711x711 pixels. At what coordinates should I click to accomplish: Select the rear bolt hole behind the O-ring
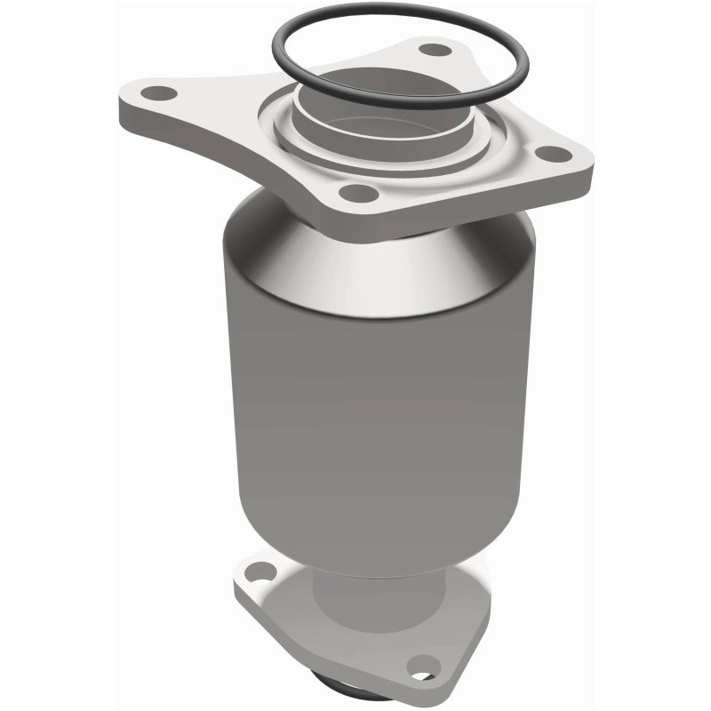point(433,50)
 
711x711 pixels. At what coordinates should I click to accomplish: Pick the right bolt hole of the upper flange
point(554,154)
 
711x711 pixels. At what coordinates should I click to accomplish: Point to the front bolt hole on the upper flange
point(359,192)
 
